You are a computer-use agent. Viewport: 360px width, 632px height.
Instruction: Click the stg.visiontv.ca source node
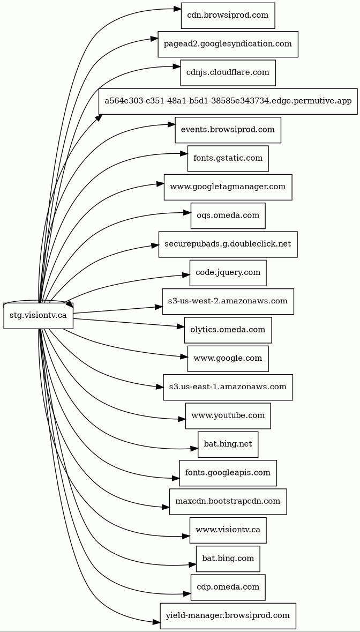[x=38, y=315]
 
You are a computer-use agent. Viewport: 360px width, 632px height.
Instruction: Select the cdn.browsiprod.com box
[x=228, y=15]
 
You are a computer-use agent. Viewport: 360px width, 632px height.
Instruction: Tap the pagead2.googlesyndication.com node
[x=228, y=44]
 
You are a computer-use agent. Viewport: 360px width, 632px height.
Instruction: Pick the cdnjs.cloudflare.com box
[x=228, y=72]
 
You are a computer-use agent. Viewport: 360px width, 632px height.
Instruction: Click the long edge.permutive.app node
[x=228, y=101]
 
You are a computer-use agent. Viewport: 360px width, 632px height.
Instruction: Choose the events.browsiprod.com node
[x=228, y=130]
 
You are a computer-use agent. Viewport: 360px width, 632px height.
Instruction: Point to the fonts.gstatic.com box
[x=228, y=158]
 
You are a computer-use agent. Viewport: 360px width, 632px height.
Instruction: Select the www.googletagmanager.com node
[x=228, y=187]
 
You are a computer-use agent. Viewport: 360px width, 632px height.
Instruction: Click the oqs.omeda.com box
[x=228, y=215]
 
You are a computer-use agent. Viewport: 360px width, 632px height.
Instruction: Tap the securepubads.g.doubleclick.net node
[x=228, y=244]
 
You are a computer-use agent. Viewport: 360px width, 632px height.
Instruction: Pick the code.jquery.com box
[x=228, y=273]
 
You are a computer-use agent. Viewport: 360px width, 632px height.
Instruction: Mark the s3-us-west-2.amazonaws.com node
[x=228, y=301]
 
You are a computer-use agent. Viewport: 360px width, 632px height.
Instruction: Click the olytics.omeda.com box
[x=228, y=330]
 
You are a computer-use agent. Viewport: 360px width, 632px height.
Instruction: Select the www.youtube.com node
[x=228, y=415]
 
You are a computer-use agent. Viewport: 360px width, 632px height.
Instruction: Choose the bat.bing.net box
[x=228, y=444]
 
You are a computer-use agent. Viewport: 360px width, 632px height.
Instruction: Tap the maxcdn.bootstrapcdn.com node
[x=228, y=501]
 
